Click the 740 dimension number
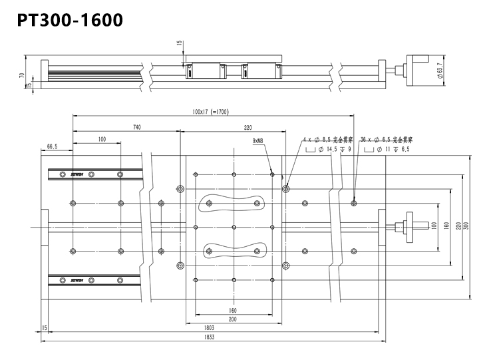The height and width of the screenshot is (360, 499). click(136, 126)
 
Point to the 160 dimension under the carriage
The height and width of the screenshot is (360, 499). click(233, 309)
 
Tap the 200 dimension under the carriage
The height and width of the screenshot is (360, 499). click(233, 319)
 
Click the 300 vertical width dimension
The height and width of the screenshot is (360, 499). click(474, 226)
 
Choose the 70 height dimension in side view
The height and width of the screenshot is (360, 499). click(22, 76)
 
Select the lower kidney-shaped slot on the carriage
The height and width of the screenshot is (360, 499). click(233, 250)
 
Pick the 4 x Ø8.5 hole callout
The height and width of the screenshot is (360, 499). click(327, 140)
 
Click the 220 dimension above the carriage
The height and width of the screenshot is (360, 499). click(248, 126)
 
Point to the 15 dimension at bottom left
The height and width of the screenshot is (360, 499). click(44, 327)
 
